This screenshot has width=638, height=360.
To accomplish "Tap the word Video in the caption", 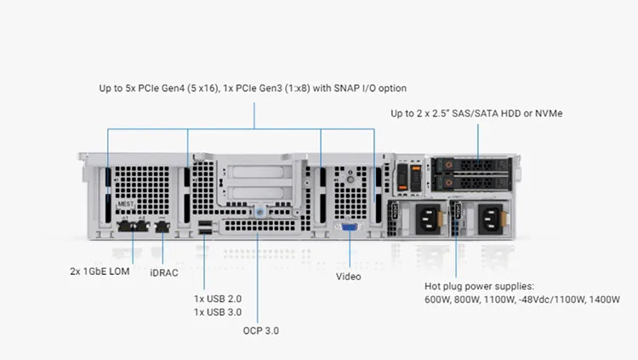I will (x=349, y=277).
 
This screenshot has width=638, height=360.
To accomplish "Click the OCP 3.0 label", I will (x=260, y=330).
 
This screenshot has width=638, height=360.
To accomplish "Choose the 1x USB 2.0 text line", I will (x=218, y=299).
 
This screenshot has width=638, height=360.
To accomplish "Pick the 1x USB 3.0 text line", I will (x=218, y=311).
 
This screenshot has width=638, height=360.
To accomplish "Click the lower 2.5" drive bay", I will (x=472, y=181).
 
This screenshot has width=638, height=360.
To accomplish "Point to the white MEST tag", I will (x=126, y=204).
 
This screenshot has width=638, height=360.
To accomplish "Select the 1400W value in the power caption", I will (x=605, y=300).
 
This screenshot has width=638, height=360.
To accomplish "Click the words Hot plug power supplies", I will (x=478, y=286).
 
